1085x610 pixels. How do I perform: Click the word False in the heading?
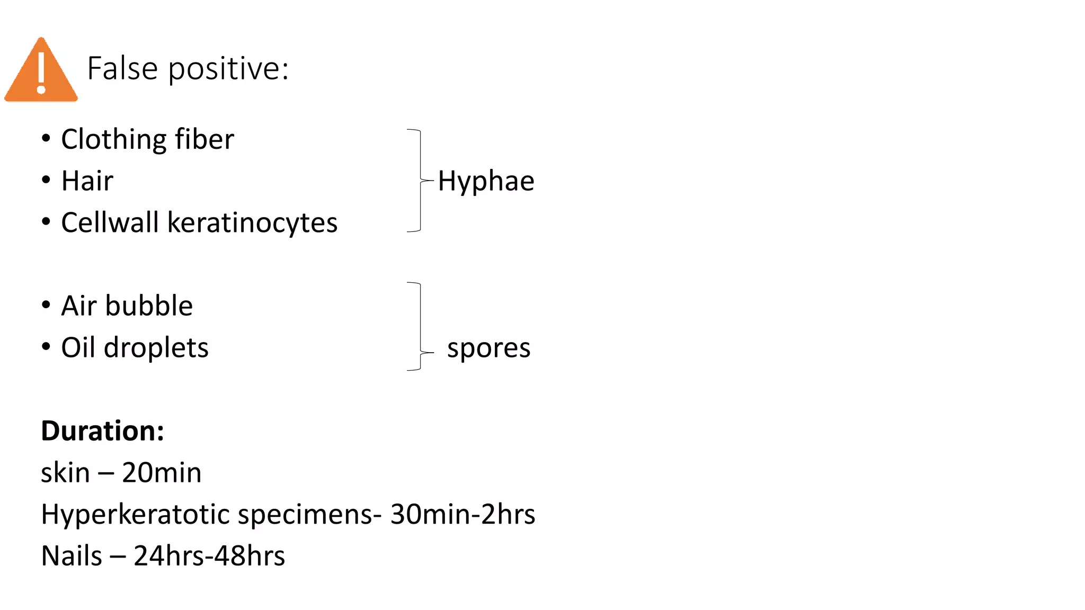pos(122,68)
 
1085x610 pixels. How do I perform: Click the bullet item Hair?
pos(87,181)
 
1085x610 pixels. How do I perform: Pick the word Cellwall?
pos(110,222)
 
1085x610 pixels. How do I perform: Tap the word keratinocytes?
pos(253,223)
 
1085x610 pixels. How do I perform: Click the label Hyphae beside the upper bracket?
pos(486,181)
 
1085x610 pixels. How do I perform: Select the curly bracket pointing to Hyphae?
pos(421,181)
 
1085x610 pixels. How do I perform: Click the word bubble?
pos(149,306)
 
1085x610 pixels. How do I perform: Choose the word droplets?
pos(156,348)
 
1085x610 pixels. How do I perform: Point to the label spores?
pos(488,349)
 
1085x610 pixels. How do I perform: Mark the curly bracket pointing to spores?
pos(421,327)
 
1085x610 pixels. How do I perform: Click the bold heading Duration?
pos(103,430)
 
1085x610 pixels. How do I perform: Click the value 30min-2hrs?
pos(463,514)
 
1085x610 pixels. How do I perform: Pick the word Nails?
pos(72,556)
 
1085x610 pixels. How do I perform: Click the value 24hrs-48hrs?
pos(209,556)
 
